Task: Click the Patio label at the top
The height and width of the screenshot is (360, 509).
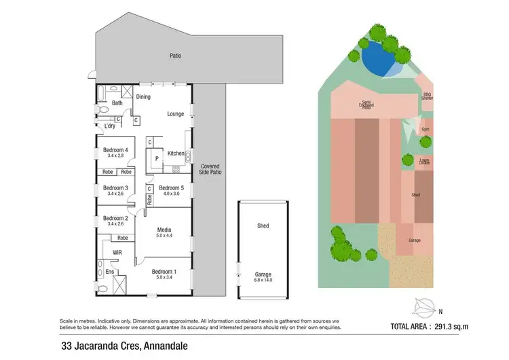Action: pos(176,56)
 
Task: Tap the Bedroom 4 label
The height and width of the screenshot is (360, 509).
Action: pos(115,149)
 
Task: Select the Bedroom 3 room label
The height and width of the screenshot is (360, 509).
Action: pos(115,187)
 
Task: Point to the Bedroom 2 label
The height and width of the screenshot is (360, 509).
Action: pos(115,218)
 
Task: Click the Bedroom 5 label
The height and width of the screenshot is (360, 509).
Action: pos(171,187)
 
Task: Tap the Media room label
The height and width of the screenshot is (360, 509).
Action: pos(164,230)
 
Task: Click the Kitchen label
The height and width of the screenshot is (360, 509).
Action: pos(176,154)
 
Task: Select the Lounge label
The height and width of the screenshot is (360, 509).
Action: pos(176,113)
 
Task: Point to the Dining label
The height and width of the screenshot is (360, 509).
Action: pos(143,97)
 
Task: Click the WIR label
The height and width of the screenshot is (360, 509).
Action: pos(117,252)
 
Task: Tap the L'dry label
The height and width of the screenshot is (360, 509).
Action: pos(109,126)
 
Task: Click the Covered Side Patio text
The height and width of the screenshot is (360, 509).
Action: pos(210,170)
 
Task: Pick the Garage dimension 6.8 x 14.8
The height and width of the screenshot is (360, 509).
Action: pos(262,281)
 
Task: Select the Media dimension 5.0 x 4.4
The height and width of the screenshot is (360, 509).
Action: pos(164,236)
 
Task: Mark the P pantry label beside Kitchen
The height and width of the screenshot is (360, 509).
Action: pos(157,158)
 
